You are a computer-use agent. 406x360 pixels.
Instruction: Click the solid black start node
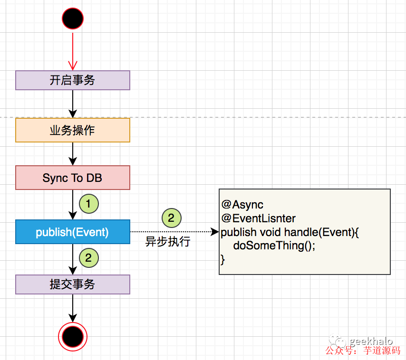coord(73,19)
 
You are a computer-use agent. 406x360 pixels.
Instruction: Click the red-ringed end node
coord(73,337)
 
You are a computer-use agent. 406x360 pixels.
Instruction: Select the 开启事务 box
coord(73,80)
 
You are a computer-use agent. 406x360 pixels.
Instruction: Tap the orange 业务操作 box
coord(73,130)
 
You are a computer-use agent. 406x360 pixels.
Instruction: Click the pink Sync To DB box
coord(73,178)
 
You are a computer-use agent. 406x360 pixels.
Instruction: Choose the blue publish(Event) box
coord(73,232)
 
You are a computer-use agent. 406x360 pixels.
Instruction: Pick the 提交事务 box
coord(73,284)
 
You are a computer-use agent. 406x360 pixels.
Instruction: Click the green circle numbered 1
coord(88,204)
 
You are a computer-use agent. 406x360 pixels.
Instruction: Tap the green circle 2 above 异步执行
coord(172,218)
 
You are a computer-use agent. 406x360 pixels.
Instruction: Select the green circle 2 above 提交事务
coord(88,258)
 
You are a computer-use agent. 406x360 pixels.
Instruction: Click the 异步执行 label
coord(168,241)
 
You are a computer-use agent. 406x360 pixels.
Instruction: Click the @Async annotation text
coord(242,205)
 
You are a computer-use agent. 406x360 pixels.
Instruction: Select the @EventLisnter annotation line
coord(259,218)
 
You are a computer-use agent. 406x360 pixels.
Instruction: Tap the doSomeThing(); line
coord(274,246)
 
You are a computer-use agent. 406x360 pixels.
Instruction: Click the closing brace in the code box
coord(223,259)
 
